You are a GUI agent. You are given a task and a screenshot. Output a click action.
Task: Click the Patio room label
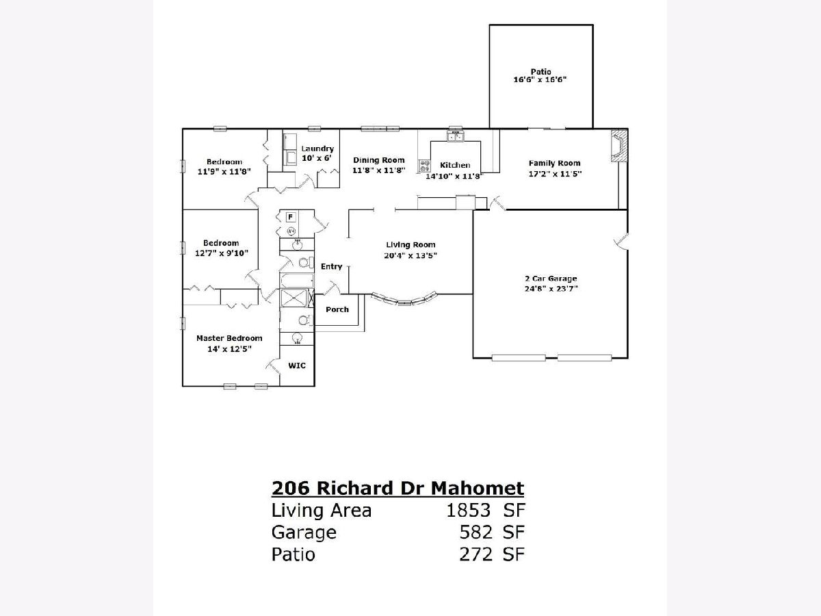coord(541,71)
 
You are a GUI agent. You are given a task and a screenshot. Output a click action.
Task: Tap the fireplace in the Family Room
coord(619,146)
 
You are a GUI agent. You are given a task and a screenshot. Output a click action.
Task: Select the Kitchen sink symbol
coord(456,137)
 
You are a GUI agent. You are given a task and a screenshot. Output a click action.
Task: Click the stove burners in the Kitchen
coord(425,166)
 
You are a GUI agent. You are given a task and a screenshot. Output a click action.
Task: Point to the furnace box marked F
coord(291,217)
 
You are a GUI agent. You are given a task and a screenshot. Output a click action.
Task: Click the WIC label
coord(297,365)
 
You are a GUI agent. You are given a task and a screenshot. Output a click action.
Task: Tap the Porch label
coord(337,309)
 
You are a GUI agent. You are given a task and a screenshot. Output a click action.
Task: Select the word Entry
coord(331,266)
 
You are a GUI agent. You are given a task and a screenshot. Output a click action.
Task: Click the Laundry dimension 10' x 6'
coord(317,158)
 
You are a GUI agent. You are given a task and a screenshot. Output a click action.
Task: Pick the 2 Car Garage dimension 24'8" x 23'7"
coord(551,288)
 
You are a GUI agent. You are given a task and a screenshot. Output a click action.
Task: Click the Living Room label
coord(410,244)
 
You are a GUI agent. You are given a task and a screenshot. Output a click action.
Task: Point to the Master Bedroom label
coord(229,338)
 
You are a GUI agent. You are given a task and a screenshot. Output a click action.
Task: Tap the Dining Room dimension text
coord(379,170)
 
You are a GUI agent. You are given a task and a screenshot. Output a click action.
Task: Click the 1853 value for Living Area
coord(468,510)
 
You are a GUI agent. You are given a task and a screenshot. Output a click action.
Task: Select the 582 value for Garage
coord(475,532)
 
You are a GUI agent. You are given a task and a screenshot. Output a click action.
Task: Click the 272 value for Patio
coord(475,554)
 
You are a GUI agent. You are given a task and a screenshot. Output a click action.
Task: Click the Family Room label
coord(555,163)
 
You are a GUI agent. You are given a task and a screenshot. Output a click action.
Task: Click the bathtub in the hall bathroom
coord(297,281)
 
